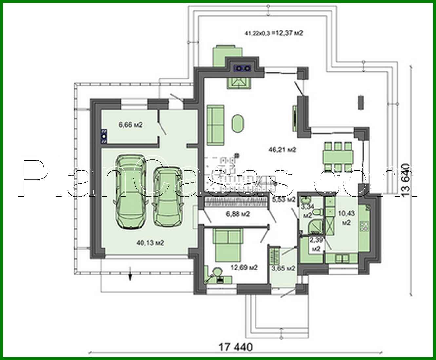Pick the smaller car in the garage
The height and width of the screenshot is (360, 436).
pyautogui.click(x=167, y=196)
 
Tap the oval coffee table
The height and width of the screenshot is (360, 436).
pyautogui.click(x=238, y=124)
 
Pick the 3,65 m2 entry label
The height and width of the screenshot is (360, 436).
pyautogui.click(x=283, y=268)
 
